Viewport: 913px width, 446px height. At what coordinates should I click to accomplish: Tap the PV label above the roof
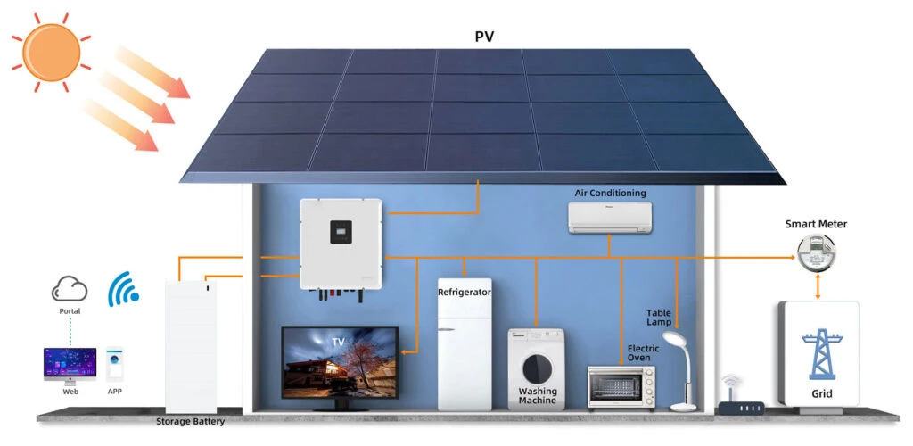click(x=485, y=37)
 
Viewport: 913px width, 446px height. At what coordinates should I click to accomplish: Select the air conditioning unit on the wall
click(x=611, y=216)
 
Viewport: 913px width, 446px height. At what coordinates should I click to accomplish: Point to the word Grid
click(x=822, y=392)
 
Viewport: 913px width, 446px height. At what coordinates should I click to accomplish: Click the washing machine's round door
click(x=535, y=368)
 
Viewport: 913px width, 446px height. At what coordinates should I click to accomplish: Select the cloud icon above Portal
click(x=70, y=289)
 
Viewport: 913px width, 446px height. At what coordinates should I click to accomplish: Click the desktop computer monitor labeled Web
click(x=70, y=364)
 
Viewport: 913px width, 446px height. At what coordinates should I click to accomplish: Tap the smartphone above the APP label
click(x=115, y=364)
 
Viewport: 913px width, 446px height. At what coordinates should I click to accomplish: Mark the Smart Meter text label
click(x=816, y=225)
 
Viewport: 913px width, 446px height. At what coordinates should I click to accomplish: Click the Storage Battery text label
click(x=191, y=421)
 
